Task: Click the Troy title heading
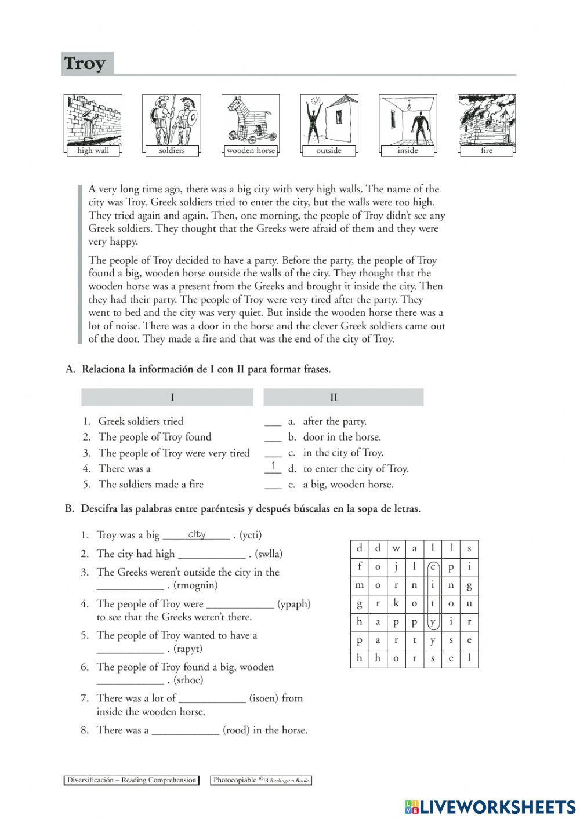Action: pos(85,63)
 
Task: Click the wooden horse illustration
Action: pos(250,120)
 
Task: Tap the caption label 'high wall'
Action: pos(93,151)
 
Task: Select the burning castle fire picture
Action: pos(486,120)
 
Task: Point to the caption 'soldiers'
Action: pos(172,151)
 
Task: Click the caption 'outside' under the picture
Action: pos(329,151)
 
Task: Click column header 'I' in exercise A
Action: pos(172,398)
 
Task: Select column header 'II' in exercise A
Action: pos(333,398)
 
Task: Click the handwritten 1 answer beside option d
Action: pos(273,465)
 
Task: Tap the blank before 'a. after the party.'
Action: pos(273,422)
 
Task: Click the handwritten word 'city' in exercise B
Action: pos(197,534)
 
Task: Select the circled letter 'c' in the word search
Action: pos(432,567)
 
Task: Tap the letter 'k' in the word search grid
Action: pos(396,603)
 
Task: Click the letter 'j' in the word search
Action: pos(396,567)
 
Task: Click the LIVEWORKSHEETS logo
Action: pos(490,806)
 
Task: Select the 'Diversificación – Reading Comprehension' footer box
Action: pos(131,780)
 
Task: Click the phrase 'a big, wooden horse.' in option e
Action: pos(348,485)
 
